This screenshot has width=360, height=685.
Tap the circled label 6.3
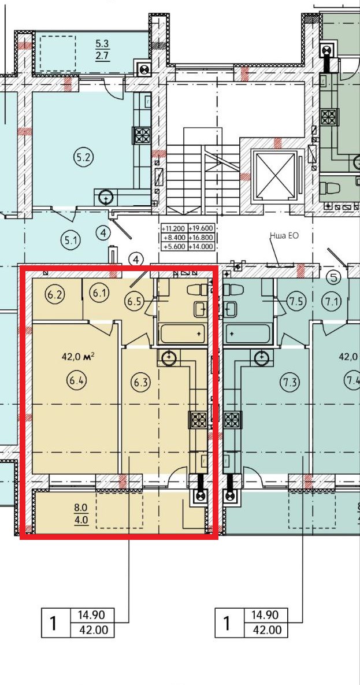140,382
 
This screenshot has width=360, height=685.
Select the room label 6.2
57,294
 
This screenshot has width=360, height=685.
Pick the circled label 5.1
70,240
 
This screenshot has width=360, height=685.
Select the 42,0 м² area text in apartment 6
78,357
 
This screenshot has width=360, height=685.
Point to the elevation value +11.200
173,228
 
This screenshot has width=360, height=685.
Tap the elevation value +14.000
202,246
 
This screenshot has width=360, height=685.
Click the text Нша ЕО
284,236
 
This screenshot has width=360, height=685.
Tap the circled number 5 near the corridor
334,276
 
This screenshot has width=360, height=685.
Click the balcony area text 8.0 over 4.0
82,514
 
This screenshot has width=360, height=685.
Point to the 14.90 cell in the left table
91,615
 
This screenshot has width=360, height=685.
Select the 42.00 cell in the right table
266,630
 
